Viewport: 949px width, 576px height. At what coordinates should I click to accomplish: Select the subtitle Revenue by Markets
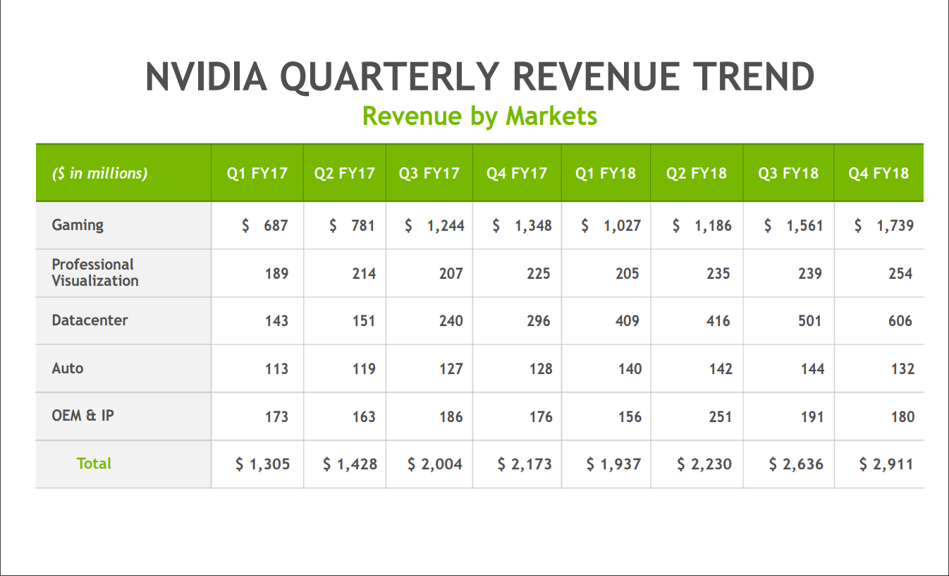click(x=479, y=116)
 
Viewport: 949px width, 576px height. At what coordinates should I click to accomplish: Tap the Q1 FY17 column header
click(x=257, y=173)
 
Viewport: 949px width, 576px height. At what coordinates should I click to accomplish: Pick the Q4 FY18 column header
click(x=879, y=173)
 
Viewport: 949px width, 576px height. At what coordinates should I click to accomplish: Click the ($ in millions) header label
click(x=99, y=173)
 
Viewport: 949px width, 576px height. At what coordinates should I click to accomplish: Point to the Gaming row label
click(x=78, y=225)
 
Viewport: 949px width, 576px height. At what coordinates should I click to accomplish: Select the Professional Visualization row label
click(x=94, y=272)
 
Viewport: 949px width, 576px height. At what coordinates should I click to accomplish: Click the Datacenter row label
click(x=90, y=320)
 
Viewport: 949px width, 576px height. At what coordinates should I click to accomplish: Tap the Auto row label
click(x=67, y=368)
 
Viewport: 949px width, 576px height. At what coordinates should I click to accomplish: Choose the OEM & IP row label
click(x=82, y=416)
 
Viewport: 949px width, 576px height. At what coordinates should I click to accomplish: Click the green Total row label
click(x=94, y=464)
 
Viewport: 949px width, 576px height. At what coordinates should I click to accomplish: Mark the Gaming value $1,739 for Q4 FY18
click(x=884, y=226)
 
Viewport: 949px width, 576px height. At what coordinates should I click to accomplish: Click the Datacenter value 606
click(x=900, y=321)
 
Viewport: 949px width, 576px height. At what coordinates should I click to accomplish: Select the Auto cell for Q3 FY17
click(x=451, y=369)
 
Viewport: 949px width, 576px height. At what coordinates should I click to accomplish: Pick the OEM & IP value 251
click(x=720, y=416)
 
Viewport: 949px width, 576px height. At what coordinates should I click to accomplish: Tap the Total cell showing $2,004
click(x=435, y=464)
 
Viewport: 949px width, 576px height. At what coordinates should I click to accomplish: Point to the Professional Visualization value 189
click(x=276, y=274)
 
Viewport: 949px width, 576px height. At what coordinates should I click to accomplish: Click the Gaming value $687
click(x=265, y=226)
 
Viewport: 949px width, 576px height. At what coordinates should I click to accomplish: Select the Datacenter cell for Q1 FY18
click(x=627, y=321)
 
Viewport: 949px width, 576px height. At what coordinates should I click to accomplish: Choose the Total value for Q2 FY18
click(x=704, y=464)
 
